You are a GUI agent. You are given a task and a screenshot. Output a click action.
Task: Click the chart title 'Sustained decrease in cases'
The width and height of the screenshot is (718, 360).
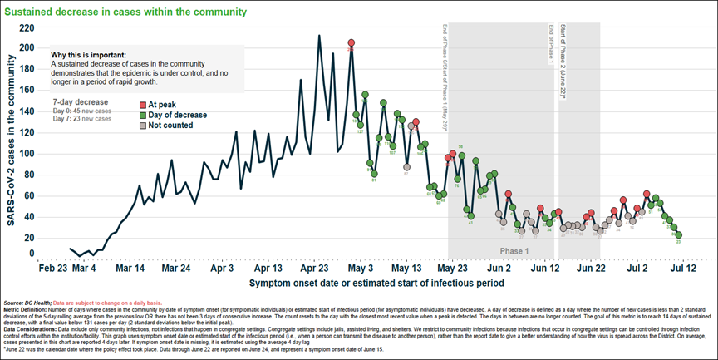pos(125,12)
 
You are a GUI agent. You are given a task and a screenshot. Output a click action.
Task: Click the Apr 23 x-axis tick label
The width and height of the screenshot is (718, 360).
pos(313,269)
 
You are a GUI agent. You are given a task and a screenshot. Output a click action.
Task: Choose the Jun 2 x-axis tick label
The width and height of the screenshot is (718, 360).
pos(498,269)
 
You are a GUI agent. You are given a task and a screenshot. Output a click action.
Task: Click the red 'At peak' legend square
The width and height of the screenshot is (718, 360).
pos(143,104)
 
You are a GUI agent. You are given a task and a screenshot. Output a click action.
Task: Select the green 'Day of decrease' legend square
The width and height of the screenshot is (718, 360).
pos(143,115)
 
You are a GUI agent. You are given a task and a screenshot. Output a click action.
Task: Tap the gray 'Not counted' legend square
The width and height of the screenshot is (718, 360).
pos(143,126)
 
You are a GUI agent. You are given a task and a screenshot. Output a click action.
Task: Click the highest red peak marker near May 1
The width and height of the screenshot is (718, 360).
pos(352,42)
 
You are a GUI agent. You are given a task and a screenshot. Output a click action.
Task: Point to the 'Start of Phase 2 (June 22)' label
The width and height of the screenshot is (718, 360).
pos(563,62)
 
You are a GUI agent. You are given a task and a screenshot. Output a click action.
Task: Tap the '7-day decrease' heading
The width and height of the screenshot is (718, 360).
pos(81,101)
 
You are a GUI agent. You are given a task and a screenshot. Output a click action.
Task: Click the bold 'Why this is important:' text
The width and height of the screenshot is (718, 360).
pos(88,55)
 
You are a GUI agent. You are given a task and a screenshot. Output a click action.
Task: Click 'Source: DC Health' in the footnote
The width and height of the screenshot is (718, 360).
pos(26,302)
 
